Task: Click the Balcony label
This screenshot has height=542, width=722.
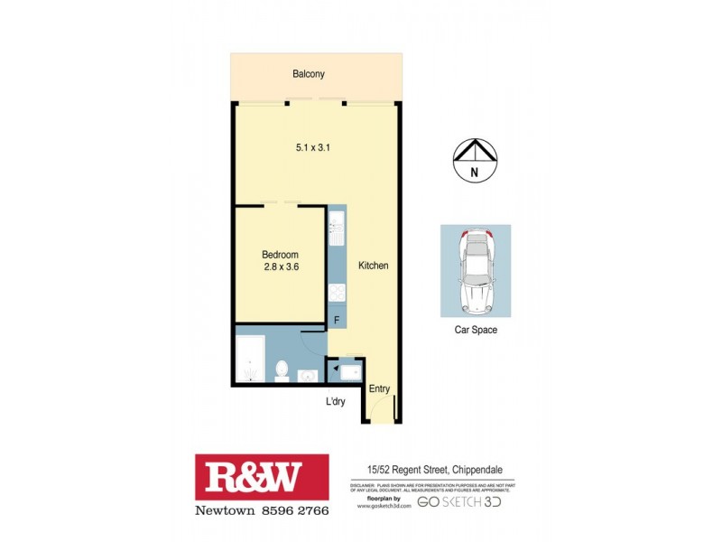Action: pos(308,74)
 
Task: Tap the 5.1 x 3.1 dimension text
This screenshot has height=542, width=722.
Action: pos(311,148)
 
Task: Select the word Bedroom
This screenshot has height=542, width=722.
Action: pos(280,255)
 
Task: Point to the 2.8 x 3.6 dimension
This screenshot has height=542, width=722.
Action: pos(280,268)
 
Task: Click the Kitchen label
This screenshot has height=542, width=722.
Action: pos(373,266)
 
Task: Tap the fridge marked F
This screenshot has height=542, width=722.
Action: pos(337,320)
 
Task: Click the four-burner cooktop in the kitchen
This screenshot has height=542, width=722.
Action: pos(337,293)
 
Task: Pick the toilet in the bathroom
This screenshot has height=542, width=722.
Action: pos(282,371)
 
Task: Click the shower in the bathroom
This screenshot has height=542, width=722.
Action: pos(249,357)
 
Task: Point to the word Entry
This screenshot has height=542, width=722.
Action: pos(380,389)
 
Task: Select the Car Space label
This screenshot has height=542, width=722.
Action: pos(476,331)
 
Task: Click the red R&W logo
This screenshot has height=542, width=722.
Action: pos(262,476)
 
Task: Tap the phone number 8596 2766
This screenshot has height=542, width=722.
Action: pos(292,511)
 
